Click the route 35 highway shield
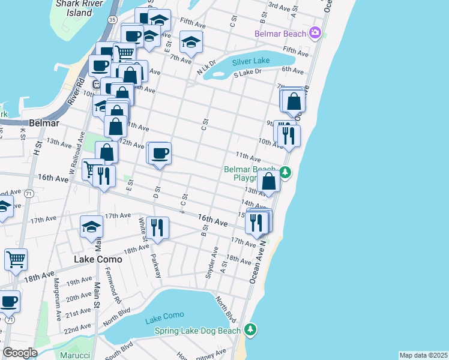(x=112, y=20)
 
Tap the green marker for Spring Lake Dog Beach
(x=250, y=330)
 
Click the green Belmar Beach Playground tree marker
(x=286, y=173)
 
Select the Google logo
(x=20, y=353)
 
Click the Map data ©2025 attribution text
(x=423, y=355)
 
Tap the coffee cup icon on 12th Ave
(x=159, y=153)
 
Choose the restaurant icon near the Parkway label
(x=157, y=227)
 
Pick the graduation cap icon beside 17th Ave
(x=91, y=226)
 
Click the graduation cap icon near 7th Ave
(x=191, y=41)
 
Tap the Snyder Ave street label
(x=212, y=256)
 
